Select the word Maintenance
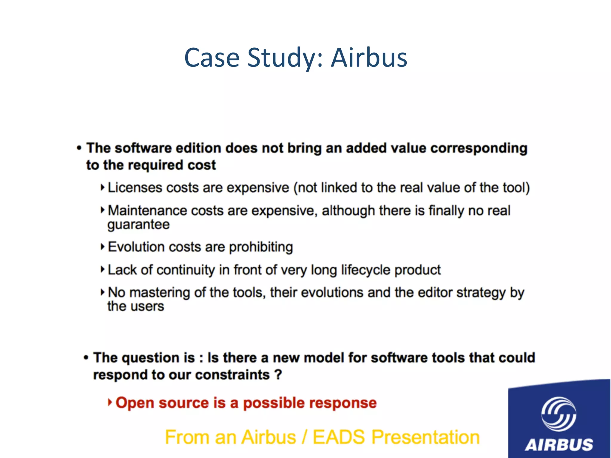[x=147, y=211]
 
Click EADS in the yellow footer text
[x=339, y=437]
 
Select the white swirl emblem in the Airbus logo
[x=558, y=414]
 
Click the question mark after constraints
[x=278, y=375]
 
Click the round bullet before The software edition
[x=79, y=148]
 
